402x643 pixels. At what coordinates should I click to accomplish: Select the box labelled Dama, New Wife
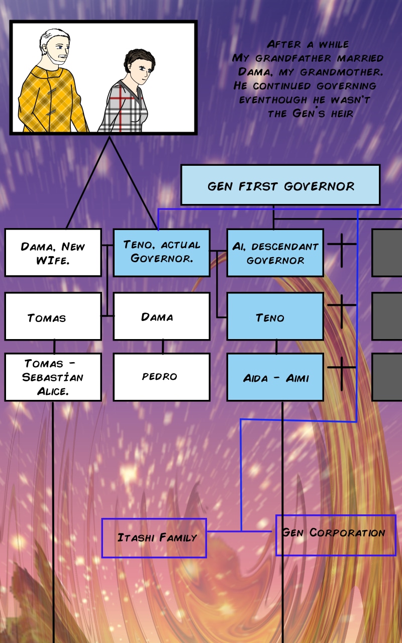click(53, 253)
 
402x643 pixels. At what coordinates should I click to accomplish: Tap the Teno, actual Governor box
click(161, 253)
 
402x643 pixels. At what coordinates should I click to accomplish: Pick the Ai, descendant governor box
click(275, 253)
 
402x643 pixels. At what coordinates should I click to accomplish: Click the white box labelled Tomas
click(53, 316)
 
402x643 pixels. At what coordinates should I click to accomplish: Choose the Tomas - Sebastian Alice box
click(53, 377)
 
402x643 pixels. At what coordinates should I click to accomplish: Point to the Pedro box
click(161, 377)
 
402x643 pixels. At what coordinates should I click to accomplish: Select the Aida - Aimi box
click(275, 377)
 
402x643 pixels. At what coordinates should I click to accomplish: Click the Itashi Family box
click(154, 538)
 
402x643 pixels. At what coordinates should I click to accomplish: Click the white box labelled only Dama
click(161, 316)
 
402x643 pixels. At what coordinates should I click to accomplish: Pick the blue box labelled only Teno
click(275, 316)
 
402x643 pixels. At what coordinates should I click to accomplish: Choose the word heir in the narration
click(342, 114)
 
